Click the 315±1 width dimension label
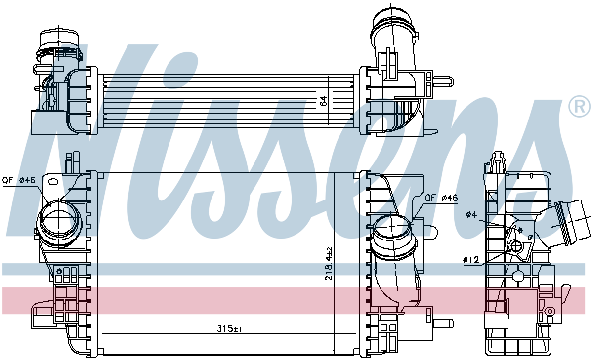(229, 329)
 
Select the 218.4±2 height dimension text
(329, 264)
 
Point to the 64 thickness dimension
(323, 101)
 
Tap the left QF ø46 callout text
(19, 180)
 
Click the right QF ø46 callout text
(441, 198)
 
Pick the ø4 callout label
(471, 214)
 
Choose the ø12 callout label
(471, 260)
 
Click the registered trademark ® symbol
(579, 106)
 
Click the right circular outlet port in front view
(392, 228)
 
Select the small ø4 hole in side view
(520, 230)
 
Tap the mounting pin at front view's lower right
(443, 323)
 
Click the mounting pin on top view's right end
(443, 81)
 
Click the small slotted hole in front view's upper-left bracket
(53, 181)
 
